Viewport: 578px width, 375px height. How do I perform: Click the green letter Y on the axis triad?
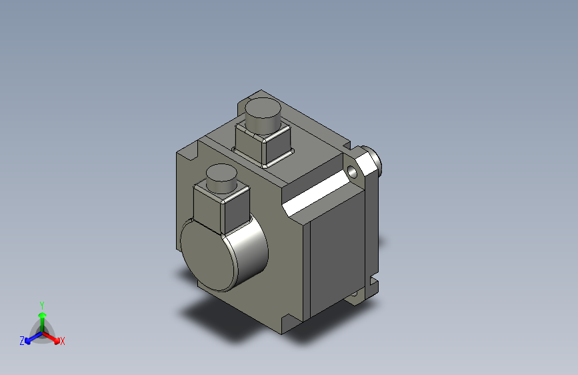tap(41, 304)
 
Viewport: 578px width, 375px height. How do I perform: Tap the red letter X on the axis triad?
tap(63, 342)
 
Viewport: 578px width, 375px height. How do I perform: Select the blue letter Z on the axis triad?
tap(22, 341)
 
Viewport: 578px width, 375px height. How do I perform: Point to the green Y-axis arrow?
tap(42, 318)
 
